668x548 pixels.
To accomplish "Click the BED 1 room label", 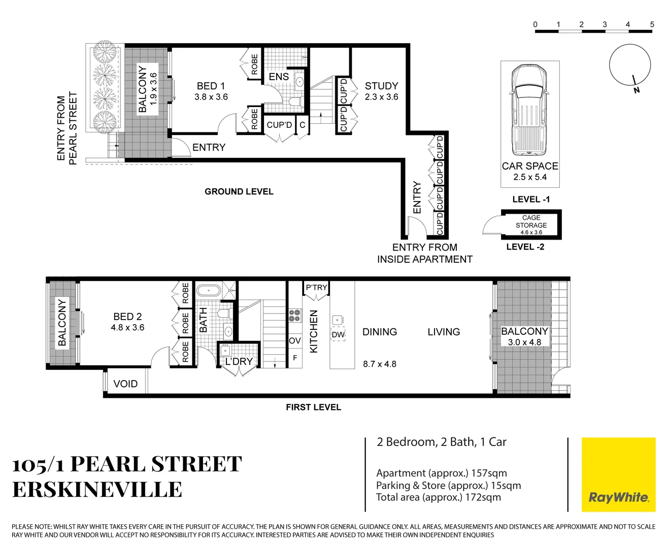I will click(x=211, y=86).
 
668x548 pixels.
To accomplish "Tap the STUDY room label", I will click(x=381, y=86).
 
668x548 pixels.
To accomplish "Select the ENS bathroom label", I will click(x=279, y=77).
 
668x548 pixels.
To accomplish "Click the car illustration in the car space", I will click(x=529, y=109).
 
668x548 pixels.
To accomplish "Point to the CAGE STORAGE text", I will click(x=531, y=222).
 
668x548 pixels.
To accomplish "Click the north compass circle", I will click(x=629, y=65).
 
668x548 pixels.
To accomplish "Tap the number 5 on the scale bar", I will click(x=652, y=24).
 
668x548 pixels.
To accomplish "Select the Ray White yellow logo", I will click(x=618, y=474).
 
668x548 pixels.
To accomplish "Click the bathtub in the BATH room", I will click(x=208, y=291).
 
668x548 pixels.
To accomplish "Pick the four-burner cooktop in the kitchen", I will click(x=295, y=316).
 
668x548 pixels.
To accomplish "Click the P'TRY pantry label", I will click(x=316, y=288).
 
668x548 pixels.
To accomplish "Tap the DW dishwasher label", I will click(x=338, y=335).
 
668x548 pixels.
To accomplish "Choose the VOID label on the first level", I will click(x=125, y=384).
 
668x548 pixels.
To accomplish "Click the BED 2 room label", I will click(x=127, y=317).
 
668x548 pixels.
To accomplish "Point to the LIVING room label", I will click(x=443, y=332).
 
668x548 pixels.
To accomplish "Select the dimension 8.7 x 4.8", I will click(x=379, y=364).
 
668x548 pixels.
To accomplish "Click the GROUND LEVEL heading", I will click(x=239, y=192).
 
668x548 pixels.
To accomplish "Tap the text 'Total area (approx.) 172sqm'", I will click(x=438, y=497).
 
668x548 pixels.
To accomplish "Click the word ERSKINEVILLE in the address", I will click(x=97, y=490).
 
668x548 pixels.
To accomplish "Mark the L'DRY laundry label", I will click(x=239, y=362).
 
